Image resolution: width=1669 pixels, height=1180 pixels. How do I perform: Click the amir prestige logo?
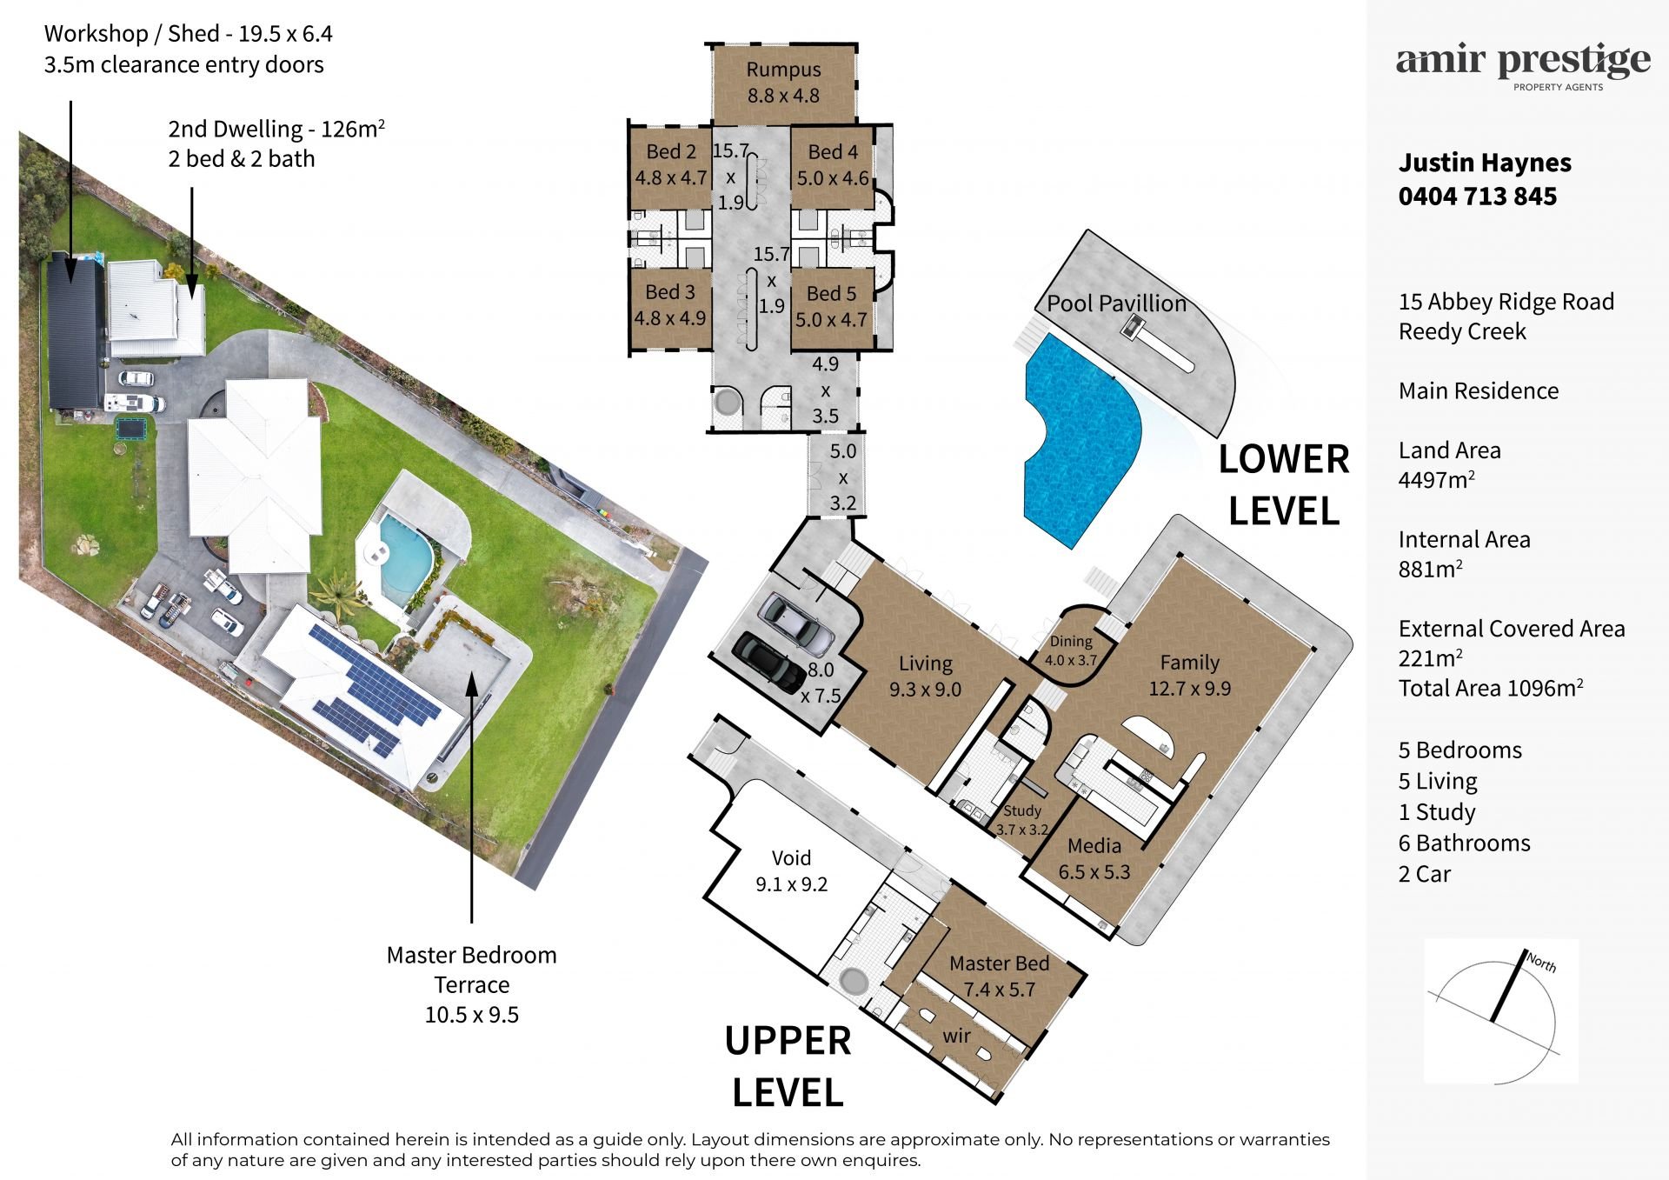1523,67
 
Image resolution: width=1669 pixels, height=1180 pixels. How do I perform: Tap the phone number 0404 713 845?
1477,197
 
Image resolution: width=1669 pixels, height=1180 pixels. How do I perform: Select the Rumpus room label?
783,83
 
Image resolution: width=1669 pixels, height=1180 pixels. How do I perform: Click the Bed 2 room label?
671,164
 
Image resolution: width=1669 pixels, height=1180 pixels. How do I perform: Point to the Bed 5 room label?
831,306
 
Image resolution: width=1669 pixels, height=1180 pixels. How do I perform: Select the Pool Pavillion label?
1116,303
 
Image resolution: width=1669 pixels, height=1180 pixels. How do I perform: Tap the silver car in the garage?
796,624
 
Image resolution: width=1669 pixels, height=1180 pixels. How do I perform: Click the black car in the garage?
769,663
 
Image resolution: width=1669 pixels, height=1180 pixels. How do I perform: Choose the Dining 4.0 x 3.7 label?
1071,650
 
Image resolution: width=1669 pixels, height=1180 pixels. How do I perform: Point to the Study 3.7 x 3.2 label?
1022,820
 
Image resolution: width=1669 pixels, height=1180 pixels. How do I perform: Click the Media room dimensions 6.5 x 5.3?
1094,872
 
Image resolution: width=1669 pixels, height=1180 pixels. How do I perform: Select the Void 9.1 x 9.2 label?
791,871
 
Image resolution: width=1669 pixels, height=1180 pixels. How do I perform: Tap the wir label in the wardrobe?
956,1036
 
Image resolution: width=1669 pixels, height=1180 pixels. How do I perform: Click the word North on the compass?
1541,962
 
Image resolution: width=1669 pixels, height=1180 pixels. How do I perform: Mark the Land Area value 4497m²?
1436,480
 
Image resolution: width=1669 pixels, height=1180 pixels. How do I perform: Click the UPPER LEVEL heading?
788,1067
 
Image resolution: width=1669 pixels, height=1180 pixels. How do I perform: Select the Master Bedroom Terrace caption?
472,984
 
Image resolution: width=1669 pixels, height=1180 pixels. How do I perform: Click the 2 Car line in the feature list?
1424,874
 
